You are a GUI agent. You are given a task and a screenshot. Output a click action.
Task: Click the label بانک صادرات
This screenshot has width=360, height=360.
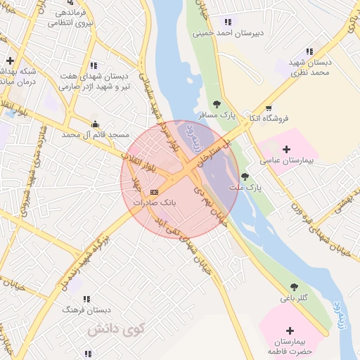(x=158, y=202)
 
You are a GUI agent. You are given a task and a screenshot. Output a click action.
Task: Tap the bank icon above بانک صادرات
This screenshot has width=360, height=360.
(x=155, y=191)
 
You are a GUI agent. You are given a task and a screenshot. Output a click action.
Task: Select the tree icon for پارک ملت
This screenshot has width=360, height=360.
(x=245, y=176)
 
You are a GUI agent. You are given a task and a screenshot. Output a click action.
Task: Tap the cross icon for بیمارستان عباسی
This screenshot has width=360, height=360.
(x=286, y=149)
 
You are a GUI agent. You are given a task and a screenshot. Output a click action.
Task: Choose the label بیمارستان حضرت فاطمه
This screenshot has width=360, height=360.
(x=290, y=345)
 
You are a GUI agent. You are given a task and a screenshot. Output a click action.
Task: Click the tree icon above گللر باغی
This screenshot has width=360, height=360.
(x=294, y=287)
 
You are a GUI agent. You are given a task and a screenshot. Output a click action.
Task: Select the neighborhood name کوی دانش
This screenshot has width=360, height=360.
(x=116, y=328)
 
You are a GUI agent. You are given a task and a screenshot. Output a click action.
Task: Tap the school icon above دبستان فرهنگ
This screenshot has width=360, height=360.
(x=87, y=299)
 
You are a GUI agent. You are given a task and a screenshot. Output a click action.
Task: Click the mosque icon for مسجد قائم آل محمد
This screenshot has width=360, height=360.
(x=96, y=124)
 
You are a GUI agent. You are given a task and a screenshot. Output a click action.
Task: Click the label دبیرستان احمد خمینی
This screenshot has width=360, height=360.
(x=228, y=32)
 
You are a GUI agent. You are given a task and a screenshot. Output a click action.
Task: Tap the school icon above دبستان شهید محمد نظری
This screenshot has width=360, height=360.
(x=309, y=51)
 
